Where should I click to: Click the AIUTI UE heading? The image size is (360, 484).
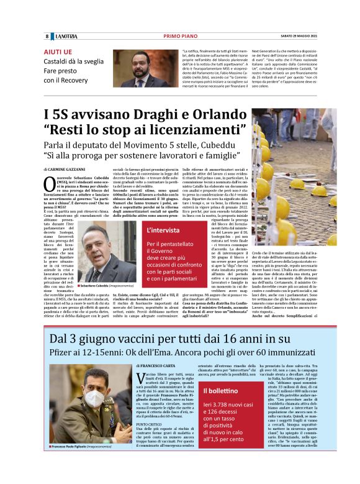(58, 52)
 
